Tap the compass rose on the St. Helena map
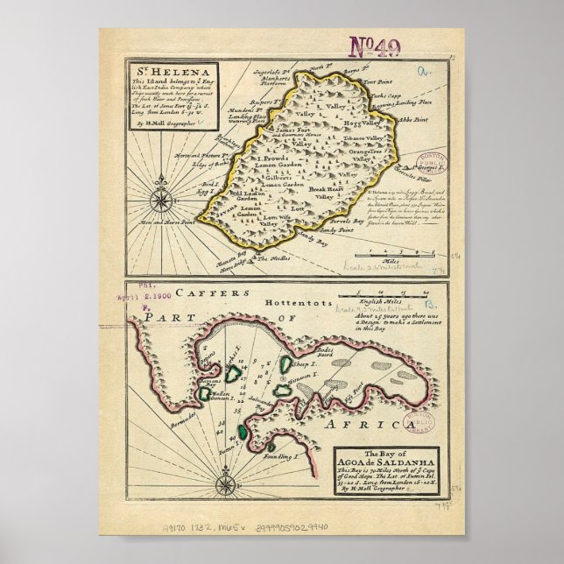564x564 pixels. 160,201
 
